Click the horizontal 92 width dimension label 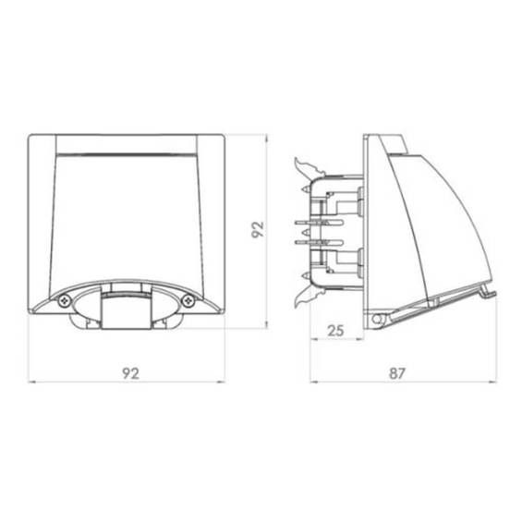coord(131,373)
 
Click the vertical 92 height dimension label coord(258,230)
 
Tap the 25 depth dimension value coord(335,331)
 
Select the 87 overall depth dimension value coord(397,373)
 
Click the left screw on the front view coord(65,301)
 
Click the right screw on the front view coord(188,301)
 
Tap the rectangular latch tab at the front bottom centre coord(127,310)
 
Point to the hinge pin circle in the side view coord(377,319)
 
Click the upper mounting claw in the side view coord(309,167)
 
